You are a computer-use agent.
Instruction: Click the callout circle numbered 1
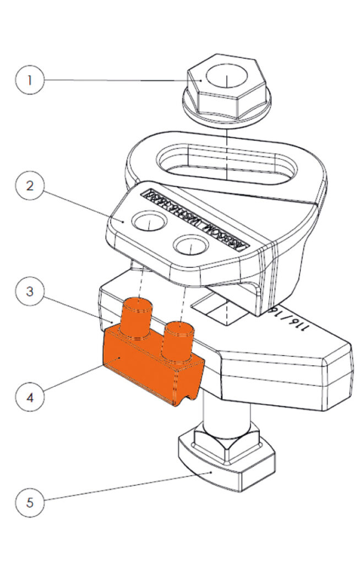30,80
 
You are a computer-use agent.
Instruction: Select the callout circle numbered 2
30,186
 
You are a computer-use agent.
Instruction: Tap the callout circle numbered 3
30,290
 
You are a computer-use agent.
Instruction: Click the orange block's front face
138,372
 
